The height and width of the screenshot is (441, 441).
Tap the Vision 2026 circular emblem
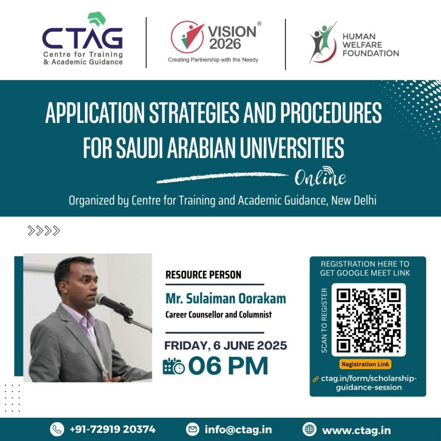(x=188, y=37)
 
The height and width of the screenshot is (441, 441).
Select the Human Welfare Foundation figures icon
(x=323, y=42)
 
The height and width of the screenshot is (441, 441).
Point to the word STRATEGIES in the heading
(x=194, y=112)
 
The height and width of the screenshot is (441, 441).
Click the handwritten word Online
(x=320, y=176)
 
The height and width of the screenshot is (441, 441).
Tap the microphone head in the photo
(x=102, y=299)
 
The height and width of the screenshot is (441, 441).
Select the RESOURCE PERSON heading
(x=203, y=275)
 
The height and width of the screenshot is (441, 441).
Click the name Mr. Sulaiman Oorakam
(x=226, y=298)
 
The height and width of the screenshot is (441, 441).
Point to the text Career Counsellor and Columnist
(x=218, y=314)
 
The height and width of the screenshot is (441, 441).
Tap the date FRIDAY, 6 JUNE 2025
(x=226, y=345)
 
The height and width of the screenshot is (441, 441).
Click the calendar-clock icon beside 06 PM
(x=174, y=366)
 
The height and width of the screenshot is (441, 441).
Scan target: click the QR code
(x=369, y=320)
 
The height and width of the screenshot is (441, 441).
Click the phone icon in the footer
(x=57, y=429)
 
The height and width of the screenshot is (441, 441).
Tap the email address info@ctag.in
(x=238, y=430)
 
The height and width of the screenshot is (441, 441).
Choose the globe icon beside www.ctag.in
(x=309, y=429)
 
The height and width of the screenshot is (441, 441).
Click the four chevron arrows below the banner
(x=44, y=231)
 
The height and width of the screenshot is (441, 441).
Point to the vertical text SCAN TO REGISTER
(x=324, y=320)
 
